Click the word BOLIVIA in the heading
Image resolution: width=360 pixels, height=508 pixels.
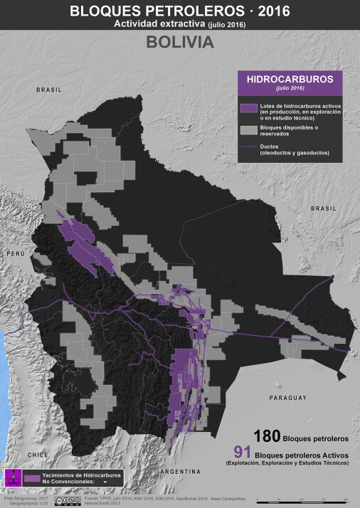pos(180,42)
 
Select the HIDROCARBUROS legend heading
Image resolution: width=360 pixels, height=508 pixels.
pos(285,79)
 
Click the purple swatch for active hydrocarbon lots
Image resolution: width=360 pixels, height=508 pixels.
pos(248,107)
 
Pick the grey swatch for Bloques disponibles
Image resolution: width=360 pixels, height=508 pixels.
pos(248,129)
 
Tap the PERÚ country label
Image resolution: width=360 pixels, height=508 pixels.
pos(16,253)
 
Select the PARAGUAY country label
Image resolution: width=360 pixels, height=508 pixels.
pos(288,398)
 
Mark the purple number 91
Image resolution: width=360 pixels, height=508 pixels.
pos(244,452)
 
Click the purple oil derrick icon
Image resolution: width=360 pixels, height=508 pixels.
pos(12,477)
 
